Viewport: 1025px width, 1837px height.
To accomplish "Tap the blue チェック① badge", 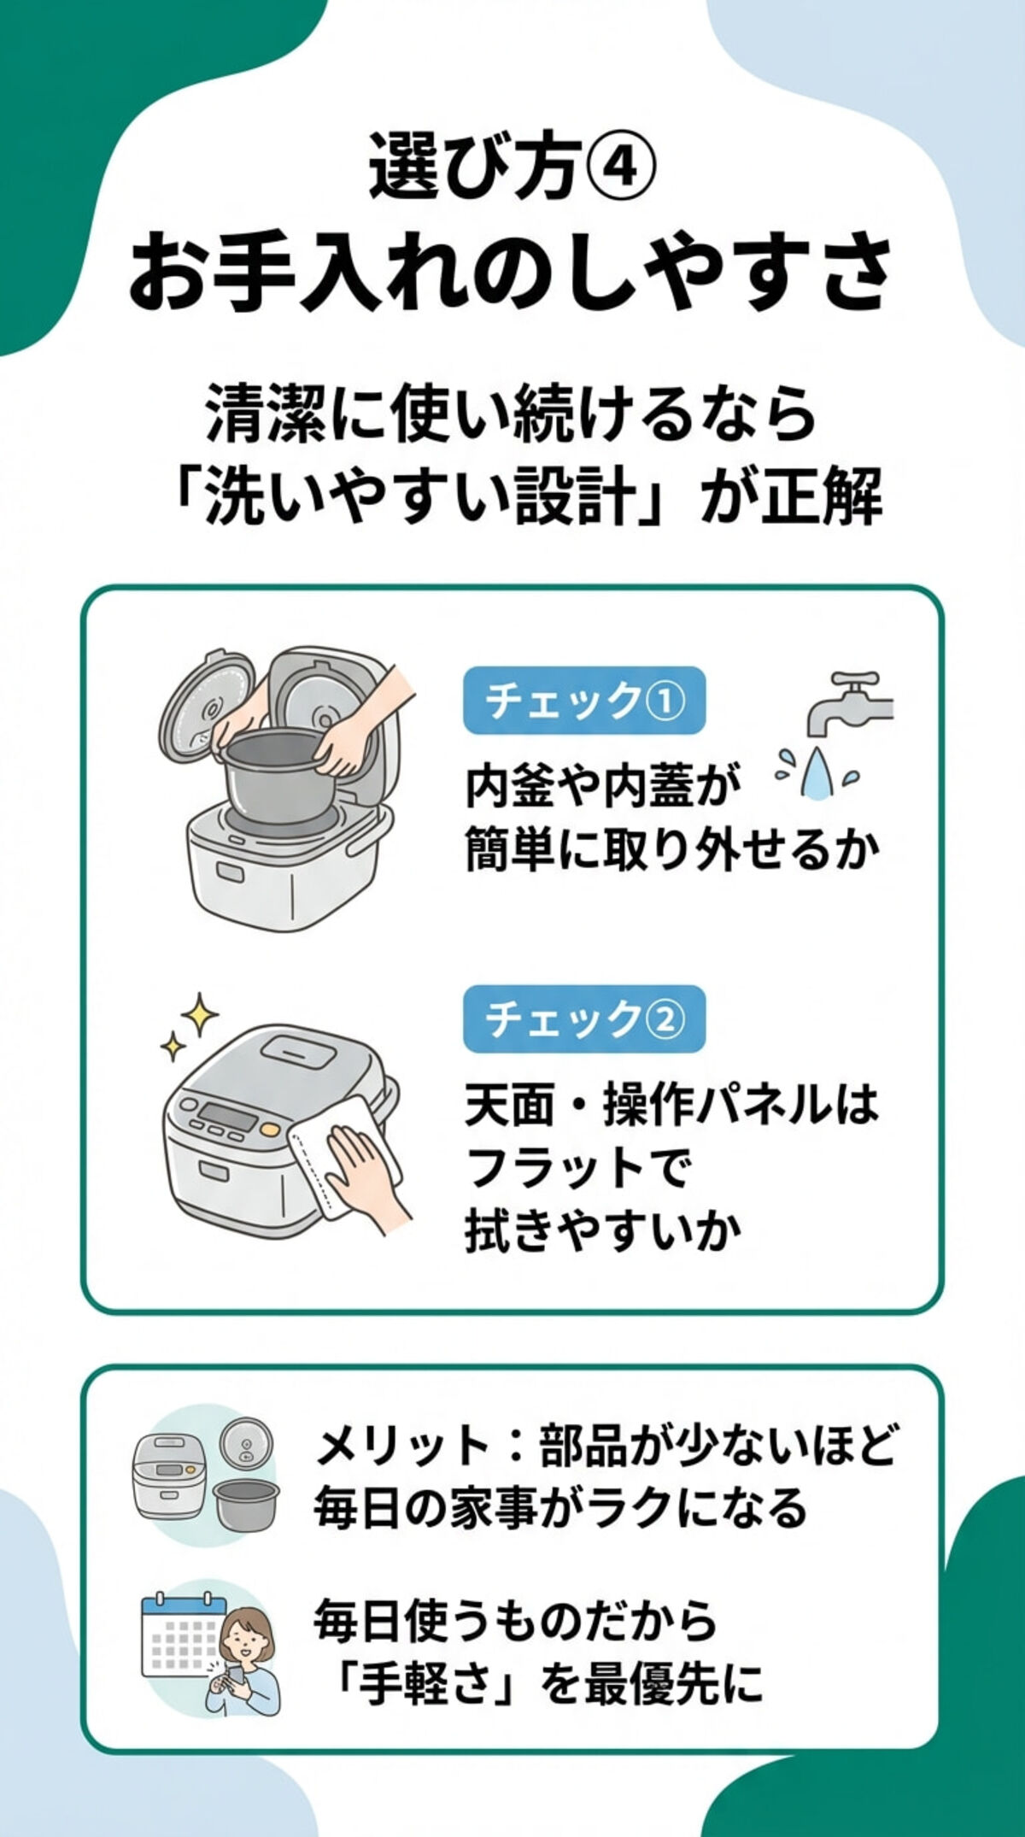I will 584,701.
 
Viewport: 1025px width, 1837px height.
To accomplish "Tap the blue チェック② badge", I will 584,1018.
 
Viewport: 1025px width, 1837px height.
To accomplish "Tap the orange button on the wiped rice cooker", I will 269,1130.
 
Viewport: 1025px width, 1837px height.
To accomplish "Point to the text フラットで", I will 577,1168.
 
